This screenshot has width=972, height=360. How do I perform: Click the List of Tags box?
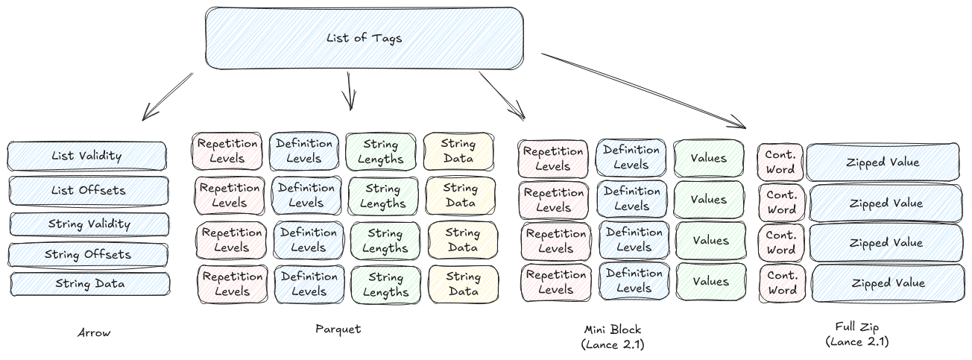point(364,39)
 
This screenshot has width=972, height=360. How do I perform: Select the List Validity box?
point(87,157)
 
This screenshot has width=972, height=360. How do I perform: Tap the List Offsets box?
point(89,190)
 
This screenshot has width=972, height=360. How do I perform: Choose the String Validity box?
point(89,224)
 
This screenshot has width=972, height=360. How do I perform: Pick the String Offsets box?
point(89,255)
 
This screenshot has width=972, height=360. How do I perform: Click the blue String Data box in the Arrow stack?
point(90,284)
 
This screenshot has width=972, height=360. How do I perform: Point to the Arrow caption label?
point(94,333)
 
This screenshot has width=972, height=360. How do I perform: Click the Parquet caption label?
point(338,329)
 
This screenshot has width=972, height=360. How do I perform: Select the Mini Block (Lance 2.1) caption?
point(612,336)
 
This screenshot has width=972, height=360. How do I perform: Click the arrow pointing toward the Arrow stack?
point(167,97)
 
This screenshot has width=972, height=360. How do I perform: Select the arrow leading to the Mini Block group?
point(502,95)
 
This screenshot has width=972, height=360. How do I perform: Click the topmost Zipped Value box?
point(883,162)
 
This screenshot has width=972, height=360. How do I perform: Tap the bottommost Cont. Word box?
point(782,283)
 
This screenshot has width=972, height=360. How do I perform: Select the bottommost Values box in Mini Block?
point(710,282)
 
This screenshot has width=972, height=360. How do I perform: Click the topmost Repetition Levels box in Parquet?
point(227,151)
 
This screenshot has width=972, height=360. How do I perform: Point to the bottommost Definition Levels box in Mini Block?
point(634,281)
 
